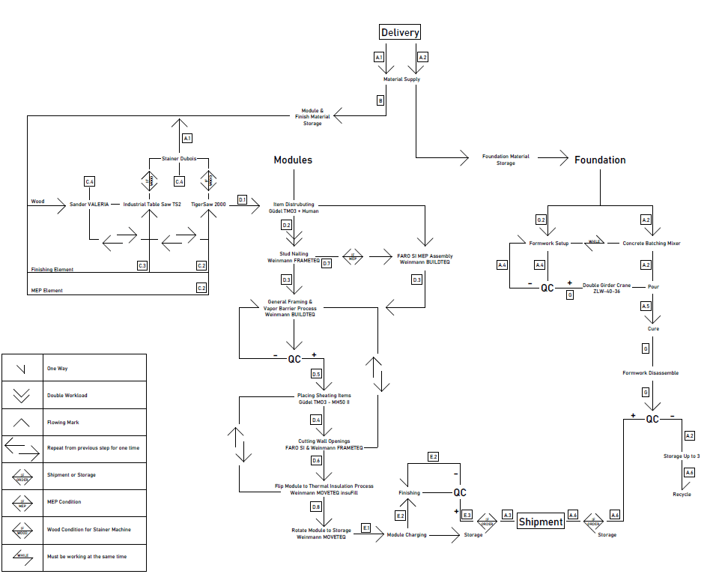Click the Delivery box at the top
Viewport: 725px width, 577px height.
pos(400,32)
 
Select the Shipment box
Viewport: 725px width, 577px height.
pos(541,522)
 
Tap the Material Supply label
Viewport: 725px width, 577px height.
pos(401,79)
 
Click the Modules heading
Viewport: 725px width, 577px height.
pos(293,160)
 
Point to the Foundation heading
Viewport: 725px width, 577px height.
pos(600,160)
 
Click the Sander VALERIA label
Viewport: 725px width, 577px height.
pos(89,204)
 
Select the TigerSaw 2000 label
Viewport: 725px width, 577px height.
pos(208,204)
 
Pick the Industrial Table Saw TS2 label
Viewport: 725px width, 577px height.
pos(152,204)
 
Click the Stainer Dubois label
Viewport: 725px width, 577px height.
pos(178,159)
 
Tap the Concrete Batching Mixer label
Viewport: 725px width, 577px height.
pos(651,244)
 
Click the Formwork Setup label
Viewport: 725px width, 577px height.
pos(549,244)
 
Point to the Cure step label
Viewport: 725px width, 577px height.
pos(653,329)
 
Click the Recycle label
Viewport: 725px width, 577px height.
pos(682,495)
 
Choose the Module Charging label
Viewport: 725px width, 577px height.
pos(406,535)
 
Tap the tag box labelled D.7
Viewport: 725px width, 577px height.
pos(326,263)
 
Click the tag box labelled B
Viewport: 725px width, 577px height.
pos(380,100)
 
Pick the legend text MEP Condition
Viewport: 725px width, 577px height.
pos(64,502)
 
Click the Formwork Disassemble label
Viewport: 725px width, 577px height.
pos(651,373)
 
